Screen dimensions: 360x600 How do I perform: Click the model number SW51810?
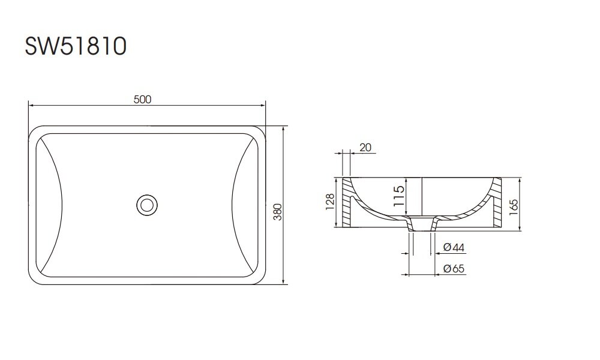pyautogui.click(x=74, y=46)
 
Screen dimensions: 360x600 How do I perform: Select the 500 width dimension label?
pyautogui.click(x=142, y=100)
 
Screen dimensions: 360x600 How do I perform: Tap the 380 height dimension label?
pyautogui.click(x=278, y=206)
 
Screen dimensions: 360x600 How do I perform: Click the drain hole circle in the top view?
pyautogui.click(x=145, y=205)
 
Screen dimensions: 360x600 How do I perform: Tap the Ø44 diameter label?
pyautogui.click(x=454, y=247)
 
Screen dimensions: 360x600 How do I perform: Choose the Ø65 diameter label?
pyautogui.click(x=454, y=269)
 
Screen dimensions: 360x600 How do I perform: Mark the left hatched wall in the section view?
pyautogui.click(x=347, y=204)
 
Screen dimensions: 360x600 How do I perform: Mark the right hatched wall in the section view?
pyautogui.click(x=496, y=204)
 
